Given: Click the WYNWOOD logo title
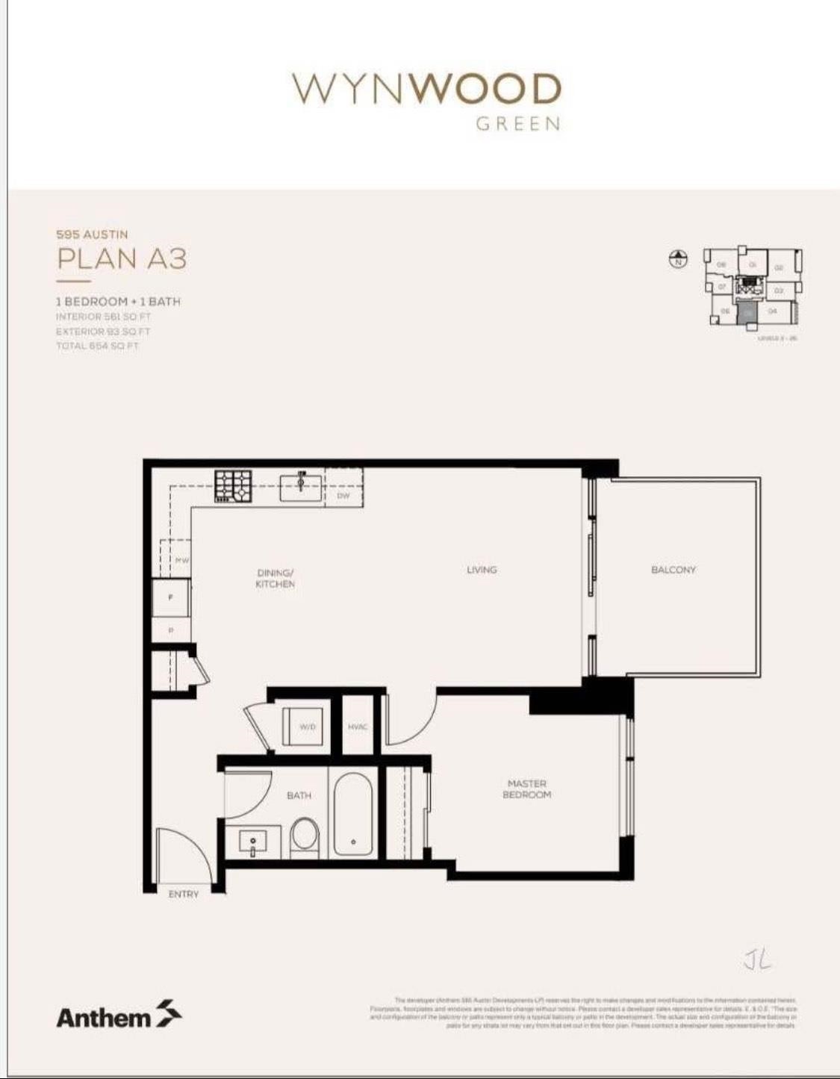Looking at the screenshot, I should pyautogui.click(x=426, y=90).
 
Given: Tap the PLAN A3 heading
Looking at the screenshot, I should pyautogui.click(x=122, y=259).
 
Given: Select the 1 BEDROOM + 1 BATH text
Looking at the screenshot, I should pyautogui.click(x=118, y=302).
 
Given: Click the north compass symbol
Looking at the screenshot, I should pyautogui.click(x=678, y=260).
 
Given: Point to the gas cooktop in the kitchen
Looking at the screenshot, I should pyautogui.click(x=234, y=485).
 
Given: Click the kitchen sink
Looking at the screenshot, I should pyautogui.click(x=302, y=486).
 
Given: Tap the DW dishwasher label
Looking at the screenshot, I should pyautogui.click(x=343, y=495).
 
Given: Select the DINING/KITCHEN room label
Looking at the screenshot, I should pyautogui.click(x=275, y=579).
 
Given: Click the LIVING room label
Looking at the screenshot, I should pyautogui.click(x=482, y=570).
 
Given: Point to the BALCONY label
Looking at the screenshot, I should pyautogui.click(x=673, y=570).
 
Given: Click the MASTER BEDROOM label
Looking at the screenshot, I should pyautogui.click(x=526, y=789).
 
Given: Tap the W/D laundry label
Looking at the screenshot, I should pyautogui.click(x=307, y=726).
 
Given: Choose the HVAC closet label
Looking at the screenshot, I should pyautogui.click(x=358, y=727).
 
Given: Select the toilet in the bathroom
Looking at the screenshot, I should pyautogui.click(x=305, y=836).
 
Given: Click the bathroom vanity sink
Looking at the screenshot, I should pyautogui.click(x=252, y=842).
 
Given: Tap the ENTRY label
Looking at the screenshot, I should pyautogui.click(x=184, y=894).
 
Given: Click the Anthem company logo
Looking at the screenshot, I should pyautogui.click(x=119, y=1016).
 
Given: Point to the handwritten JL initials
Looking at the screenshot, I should pyautogui.click(x=756, y=959).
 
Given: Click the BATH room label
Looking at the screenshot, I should pyautogui.click(x=299, y=796).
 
